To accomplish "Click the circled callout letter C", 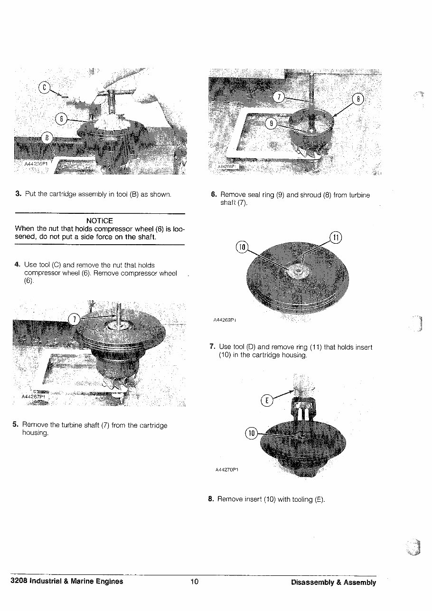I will [45, 87].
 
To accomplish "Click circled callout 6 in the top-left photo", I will [61, 119].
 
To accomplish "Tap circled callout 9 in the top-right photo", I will [271, 124].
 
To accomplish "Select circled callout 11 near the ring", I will [335, 238].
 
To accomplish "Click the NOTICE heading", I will [100, 221].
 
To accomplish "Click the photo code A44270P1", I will [226, 470].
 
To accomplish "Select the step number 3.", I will [18, 193].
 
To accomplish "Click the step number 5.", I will [15, 425].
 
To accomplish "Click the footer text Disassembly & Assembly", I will [333, 582].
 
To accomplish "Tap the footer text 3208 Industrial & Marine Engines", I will [67, 582].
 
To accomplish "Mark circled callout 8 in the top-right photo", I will [359, 99].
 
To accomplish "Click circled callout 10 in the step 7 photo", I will [242, 247].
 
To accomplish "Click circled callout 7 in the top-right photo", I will [280, 97].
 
